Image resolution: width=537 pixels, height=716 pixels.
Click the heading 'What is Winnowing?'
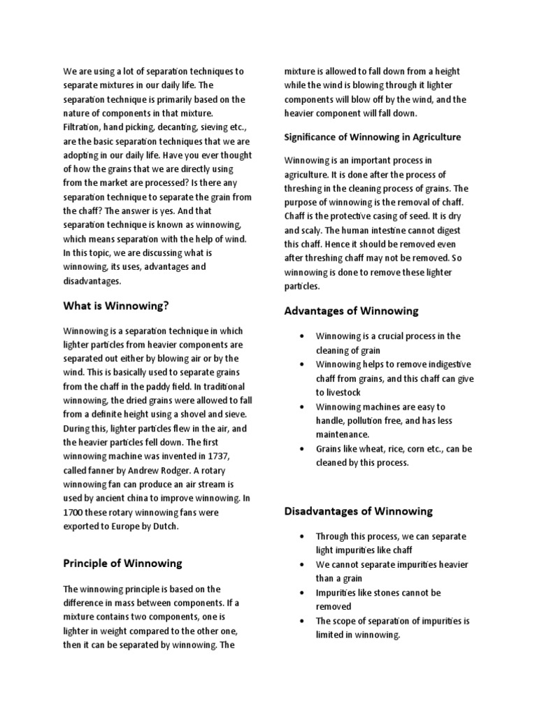pos(116,306)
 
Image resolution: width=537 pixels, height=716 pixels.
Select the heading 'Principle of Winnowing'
pos(122,563)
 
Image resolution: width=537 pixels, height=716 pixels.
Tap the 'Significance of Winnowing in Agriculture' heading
pos(372,137)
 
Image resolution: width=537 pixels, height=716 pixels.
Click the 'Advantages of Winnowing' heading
pos(351,310)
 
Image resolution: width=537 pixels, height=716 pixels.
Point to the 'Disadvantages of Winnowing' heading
pos(359,511)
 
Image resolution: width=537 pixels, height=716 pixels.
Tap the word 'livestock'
pos(338,392)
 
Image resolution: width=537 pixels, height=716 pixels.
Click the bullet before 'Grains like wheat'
pos(301,449)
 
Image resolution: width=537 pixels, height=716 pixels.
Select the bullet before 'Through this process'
pos(301,537)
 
